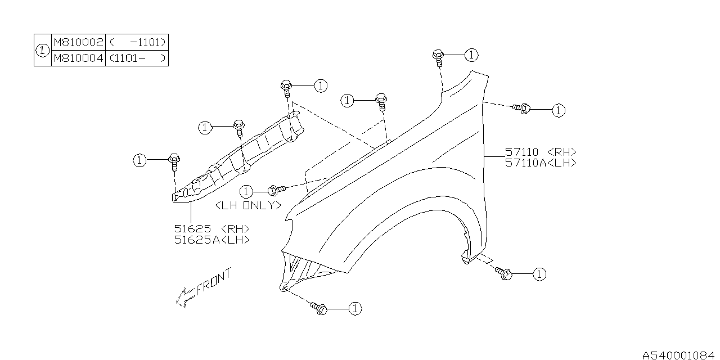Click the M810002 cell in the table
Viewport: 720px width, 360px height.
point(78,42)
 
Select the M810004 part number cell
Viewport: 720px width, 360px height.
point(78,58)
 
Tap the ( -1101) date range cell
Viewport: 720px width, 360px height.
point(137,42)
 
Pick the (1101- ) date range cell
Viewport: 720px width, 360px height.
point(137,58)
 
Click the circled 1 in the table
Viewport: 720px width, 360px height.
point(42,50)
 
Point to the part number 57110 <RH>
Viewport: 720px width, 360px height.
point(540,152)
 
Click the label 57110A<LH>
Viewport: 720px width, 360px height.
point(540,163)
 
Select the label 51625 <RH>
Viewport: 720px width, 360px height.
point(211,229)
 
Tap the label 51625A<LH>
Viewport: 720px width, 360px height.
point(211,240)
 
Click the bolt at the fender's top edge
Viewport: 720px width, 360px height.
point(439,56)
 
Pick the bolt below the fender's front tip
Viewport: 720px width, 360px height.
point(319,307)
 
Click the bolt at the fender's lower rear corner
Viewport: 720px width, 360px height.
point(504,273)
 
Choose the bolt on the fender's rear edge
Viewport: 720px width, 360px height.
point(521,108)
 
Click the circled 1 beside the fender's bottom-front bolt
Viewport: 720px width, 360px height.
point(354,308)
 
